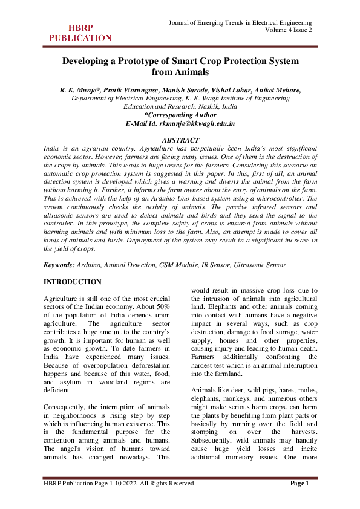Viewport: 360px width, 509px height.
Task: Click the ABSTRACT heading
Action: pos(180,140)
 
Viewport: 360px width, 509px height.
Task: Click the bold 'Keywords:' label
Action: pos(59,265)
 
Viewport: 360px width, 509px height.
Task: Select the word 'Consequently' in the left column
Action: pos(68,400)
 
